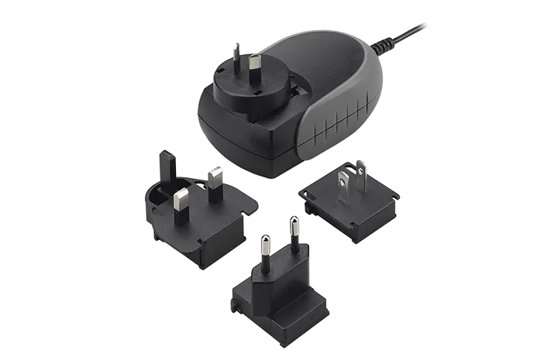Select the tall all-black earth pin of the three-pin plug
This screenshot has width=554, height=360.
tap(166, 166)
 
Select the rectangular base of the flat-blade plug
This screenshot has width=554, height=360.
tap(349, 209)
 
